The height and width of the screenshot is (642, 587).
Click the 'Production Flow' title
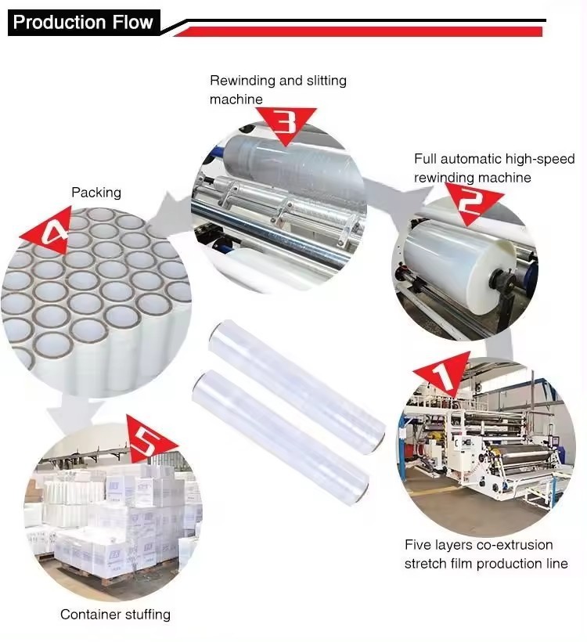pos(83,22)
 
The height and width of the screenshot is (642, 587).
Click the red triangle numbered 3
pos(288,124)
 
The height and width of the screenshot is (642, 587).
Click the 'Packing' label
pos(96,193)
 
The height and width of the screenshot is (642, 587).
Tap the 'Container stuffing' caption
pos(115,614)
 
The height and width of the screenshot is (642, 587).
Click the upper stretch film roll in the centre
pos(297,385)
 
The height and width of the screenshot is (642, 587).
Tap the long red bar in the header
pos(358,31)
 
